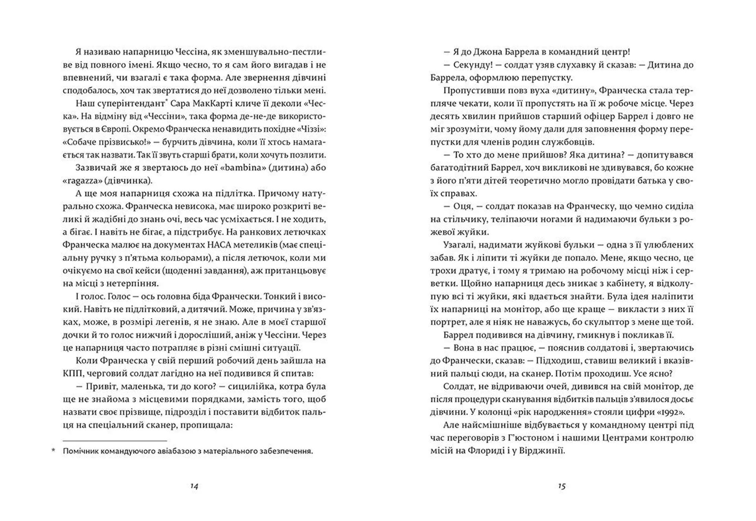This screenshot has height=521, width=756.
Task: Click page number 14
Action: [x=194, y=486]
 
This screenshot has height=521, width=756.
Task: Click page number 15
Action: [x=562, y=486]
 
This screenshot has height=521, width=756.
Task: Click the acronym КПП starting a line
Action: [x=72, y=373]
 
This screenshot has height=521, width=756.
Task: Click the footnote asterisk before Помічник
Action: [x=54, y=451]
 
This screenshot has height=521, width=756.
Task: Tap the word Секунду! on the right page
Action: [x=471, y=65]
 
